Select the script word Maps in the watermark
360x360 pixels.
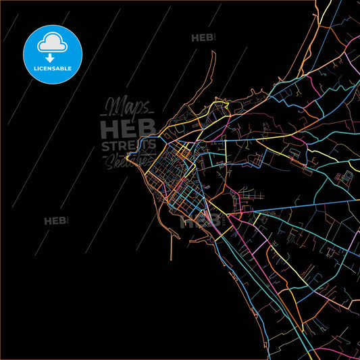126,107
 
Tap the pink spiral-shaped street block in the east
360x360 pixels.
344,179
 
